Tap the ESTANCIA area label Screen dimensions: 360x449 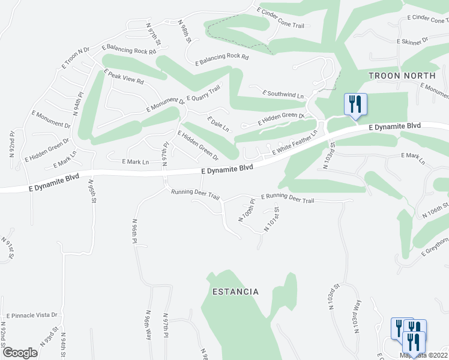point(235,292)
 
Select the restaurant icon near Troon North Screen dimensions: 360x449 point(355,104)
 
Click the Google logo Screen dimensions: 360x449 point(20,353)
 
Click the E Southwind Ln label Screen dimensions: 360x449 point(283,95)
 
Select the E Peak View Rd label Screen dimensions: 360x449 point(124,77)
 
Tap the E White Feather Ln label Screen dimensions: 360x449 point(294,145)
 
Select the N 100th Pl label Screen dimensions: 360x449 point(247,212)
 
